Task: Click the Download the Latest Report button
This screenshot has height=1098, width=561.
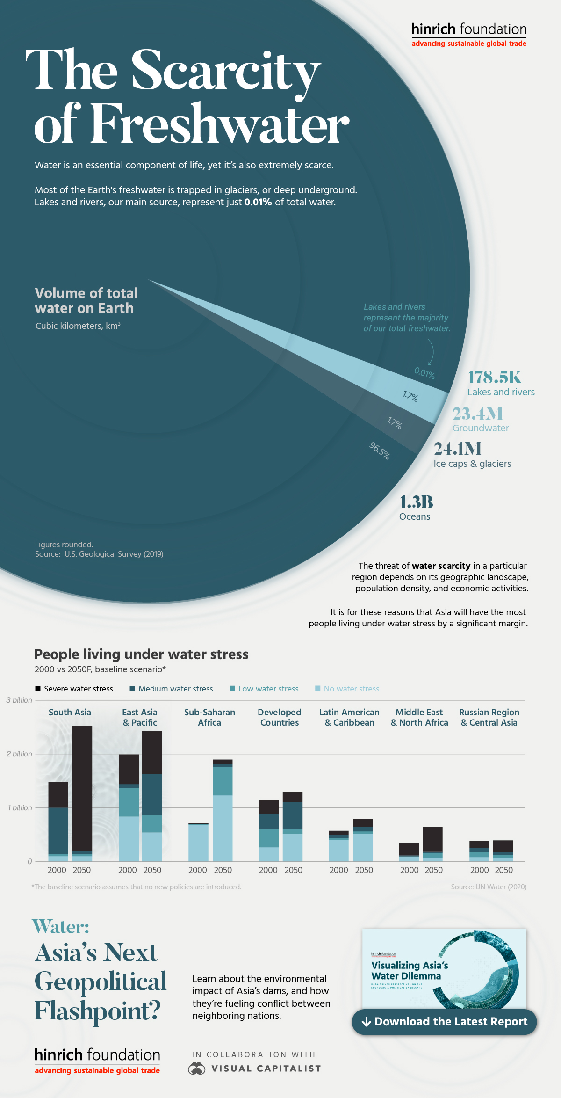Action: tap(444, 1022)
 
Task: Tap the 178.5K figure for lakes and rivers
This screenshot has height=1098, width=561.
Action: tap(495, 378)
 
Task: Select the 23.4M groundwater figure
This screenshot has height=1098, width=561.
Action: tap(477, 414)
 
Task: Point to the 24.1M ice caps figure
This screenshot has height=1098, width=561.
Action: tap(457, 449)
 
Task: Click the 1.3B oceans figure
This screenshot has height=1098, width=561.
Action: tap(416, 502)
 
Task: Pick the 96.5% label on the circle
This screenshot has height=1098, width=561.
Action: tap(380, 451)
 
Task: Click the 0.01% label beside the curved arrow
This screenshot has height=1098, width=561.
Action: tap(424, 373)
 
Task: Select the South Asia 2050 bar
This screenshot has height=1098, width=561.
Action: tap(82, 793)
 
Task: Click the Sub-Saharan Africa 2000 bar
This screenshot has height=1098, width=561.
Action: tap(198, 842)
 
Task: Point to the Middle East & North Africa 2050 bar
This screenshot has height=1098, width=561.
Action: tap(432, 843)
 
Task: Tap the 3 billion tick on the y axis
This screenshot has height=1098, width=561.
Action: tap(19, 700)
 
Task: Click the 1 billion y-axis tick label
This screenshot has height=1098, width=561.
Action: tap(20, 808)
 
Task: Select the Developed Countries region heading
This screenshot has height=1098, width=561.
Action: tap(280, 717)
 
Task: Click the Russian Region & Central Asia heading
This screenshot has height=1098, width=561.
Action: tap(489, 717)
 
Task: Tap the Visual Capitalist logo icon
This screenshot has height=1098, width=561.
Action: tap(197, 1069)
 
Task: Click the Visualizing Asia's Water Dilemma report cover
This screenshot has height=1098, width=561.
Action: tap(444, 969)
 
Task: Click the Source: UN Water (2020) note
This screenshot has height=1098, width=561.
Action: tap(489, 887)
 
